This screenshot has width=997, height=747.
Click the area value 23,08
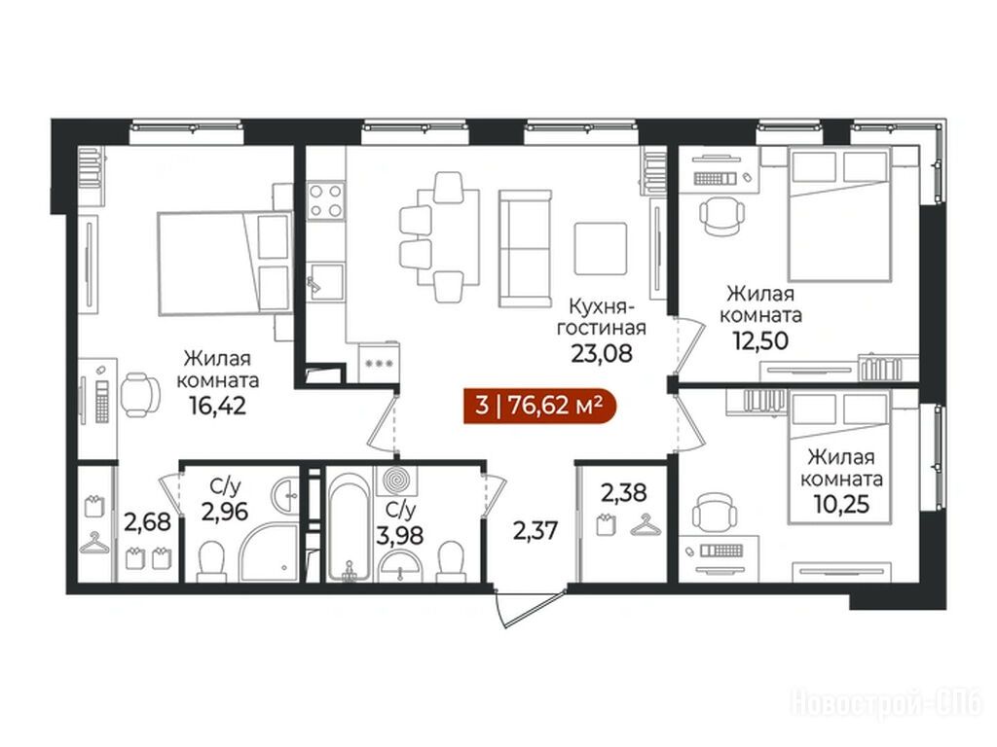coord(602,353)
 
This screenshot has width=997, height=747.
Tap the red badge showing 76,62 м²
coord(539,405)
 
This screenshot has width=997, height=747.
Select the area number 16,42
coord(217,406)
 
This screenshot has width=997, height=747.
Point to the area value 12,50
coord(760,341)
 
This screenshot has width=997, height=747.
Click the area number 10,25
coord(841,504)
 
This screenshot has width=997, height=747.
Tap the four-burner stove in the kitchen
coord(325,200)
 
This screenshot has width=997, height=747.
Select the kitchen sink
coord(325,281)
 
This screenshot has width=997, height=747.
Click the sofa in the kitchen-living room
coord(525,248)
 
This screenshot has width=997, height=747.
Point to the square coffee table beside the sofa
coord(601,248)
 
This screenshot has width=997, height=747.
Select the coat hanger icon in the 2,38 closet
coord(647,525)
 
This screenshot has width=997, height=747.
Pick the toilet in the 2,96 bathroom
coord(211,562)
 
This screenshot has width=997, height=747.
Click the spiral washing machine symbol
coord(397,480)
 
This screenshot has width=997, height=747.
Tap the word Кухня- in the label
coord(600,306)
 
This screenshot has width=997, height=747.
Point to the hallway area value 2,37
coord(535,529)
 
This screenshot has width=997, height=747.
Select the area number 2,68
coord(148,522)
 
